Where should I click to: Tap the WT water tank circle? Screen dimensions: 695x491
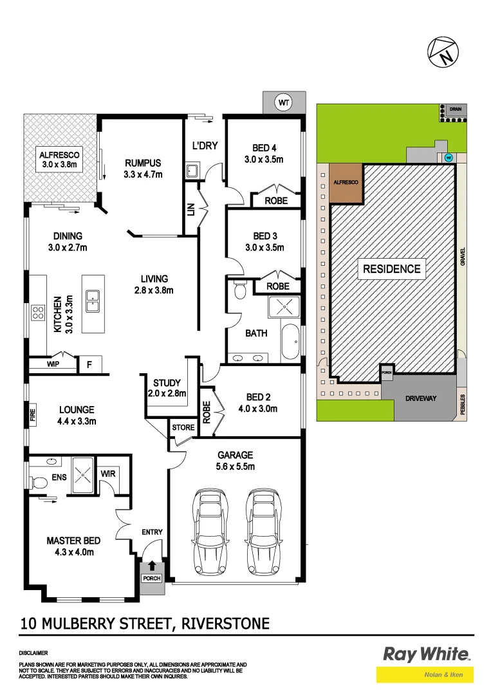283,102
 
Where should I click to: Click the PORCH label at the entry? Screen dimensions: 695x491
152,579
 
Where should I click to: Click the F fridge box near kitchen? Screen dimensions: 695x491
89,365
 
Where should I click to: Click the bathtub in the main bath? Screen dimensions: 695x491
290,342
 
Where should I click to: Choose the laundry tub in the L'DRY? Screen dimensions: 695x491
191,171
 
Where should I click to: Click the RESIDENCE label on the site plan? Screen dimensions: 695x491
391,269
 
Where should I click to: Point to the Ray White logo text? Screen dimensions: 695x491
426,655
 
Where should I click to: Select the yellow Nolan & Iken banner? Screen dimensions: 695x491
425,674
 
